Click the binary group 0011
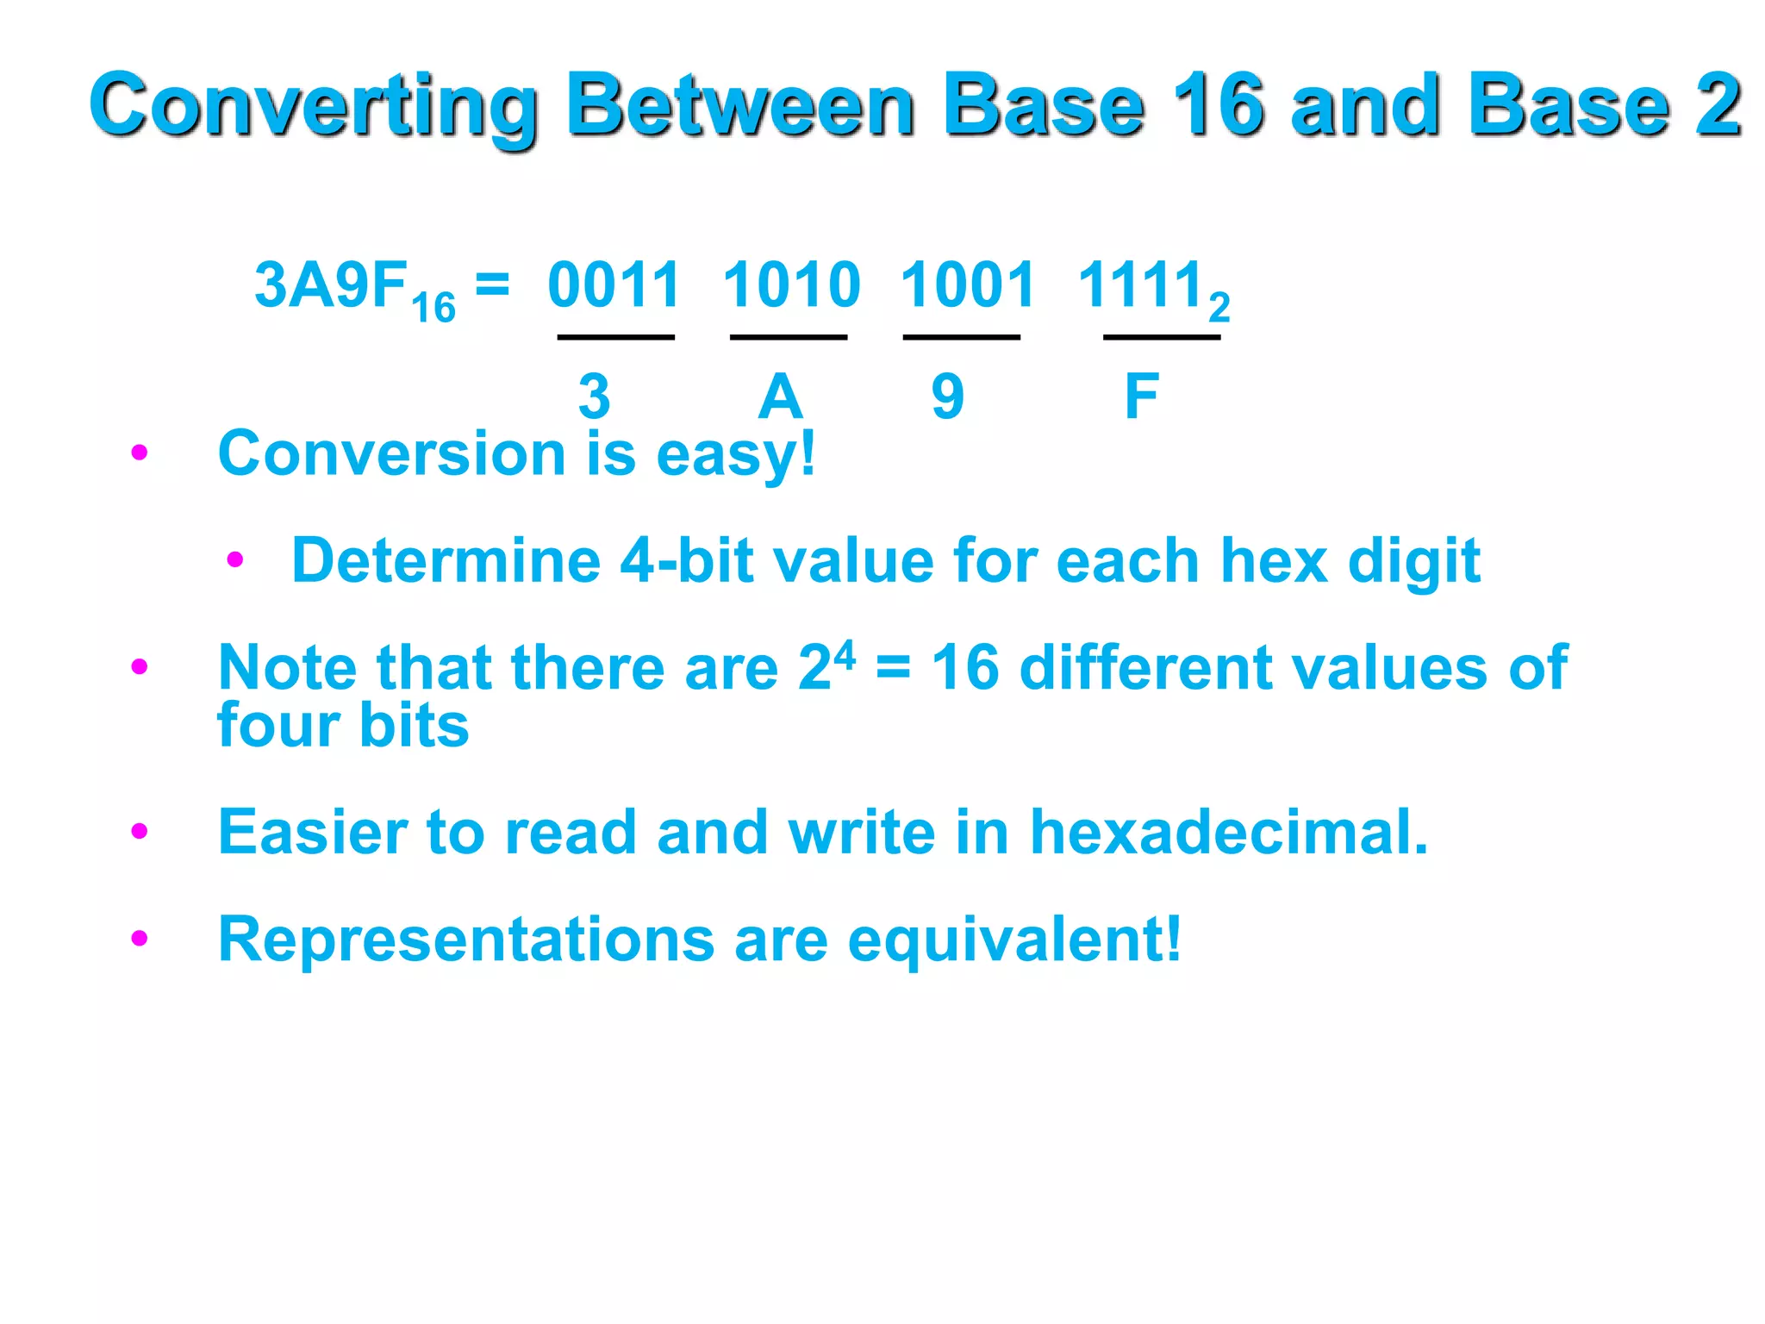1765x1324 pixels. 614,285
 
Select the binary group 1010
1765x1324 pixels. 791,285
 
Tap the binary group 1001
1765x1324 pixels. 967,285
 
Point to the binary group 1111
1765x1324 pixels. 1140,285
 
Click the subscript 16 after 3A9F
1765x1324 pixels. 433,309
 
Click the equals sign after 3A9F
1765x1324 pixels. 492,283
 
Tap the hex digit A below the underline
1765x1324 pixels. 780,397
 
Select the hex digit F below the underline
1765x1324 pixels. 1142,397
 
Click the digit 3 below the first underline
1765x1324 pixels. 595,397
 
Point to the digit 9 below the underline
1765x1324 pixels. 947,397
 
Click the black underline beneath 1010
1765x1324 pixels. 789,337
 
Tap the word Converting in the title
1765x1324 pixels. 315,106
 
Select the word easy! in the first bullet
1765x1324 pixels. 735,454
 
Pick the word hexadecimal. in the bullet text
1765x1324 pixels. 1229,833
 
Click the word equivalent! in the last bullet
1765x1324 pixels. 1014,940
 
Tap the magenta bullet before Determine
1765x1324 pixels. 235,560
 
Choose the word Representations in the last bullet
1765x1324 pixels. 466,940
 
